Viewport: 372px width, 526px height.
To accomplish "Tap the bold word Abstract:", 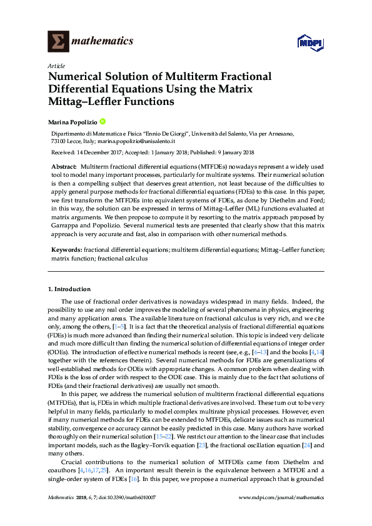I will [64, 167].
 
